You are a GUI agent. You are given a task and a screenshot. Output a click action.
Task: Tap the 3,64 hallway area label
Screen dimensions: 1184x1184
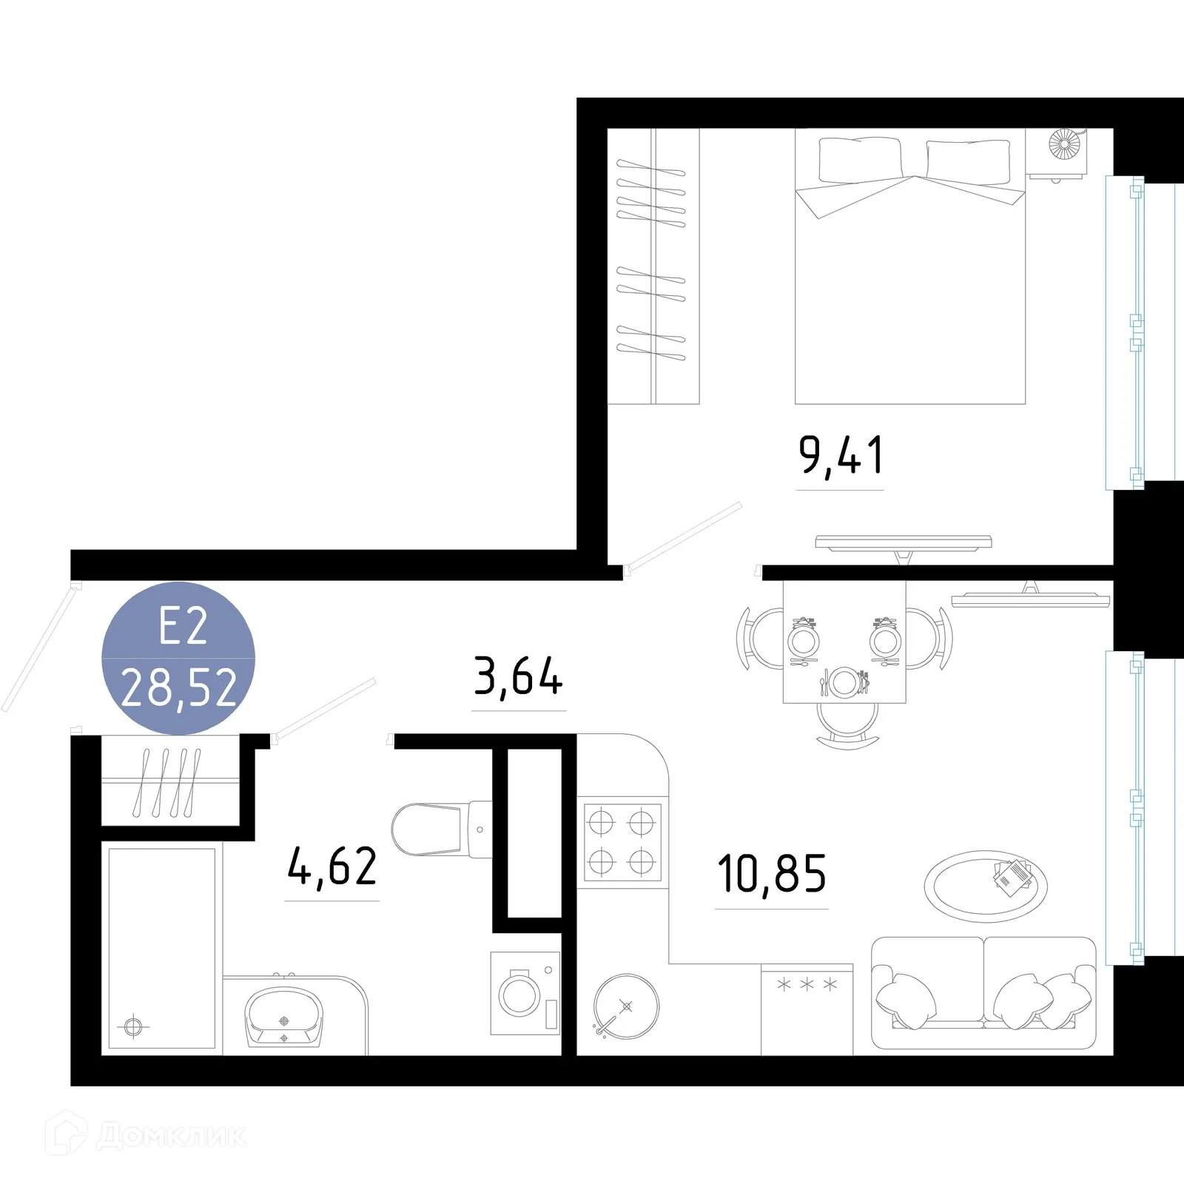pos(518,676)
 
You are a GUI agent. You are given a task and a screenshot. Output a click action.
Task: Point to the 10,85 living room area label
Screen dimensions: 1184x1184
pos(771,874)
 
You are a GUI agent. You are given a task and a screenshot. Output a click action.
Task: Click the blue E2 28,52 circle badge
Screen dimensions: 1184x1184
pos(178,659)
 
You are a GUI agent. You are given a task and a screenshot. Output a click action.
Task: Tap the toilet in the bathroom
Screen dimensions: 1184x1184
pos(437,830)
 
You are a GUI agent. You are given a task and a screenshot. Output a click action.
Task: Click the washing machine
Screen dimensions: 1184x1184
pos(525,993)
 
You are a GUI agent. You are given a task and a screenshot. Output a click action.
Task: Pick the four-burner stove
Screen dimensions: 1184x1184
pos(622,842)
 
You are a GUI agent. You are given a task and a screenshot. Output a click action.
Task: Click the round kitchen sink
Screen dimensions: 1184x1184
pos(626,1006)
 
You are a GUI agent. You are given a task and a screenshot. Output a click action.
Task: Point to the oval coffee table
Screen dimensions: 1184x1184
pos(985,886)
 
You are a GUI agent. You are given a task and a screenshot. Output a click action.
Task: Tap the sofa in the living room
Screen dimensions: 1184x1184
pos(983,992)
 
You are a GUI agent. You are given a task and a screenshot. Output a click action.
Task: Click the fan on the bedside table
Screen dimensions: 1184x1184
pos(1064,145)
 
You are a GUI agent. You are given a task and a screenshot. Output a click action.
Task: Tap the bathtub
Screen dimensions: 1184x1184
pos(161,947)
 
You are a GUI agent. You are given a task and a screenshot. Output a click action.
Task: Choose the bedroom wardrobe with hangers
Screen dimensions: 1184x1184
pos(653,266)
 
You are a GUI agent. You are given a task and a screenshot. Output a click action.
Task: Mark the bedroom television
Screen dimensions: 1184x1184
pos(903,545)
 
